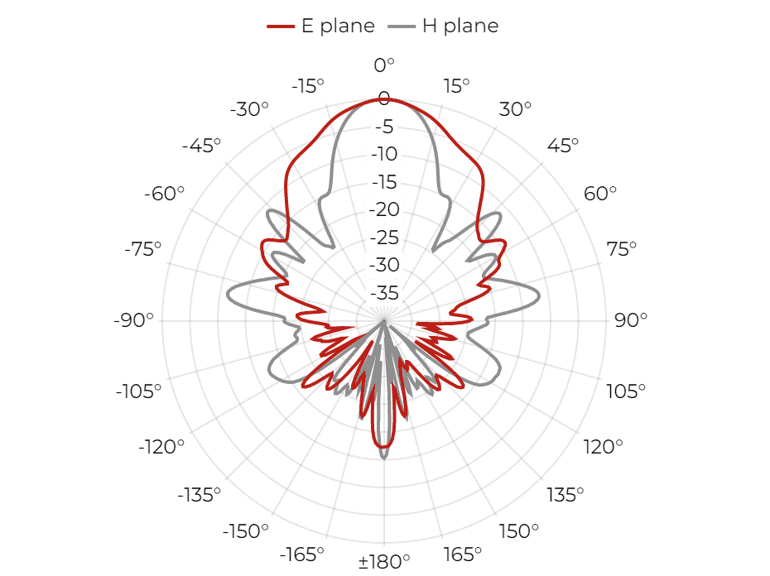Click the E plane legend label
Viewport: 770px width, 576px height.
[x=338, y=26]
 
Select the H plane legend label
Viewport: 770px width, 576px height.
[x=460, y=26]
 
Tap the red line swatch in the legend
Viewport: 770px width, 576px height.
[x=281, y=26]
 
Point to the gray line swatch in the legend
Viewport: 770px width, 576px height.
[x=402, y=26]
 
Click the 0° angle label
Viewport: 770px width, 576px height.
[x=384, y=65]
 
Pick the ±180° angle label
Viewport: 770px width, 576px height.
[x=384, y=561]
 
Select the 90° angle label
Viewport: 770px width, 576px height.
[x=631, y=320]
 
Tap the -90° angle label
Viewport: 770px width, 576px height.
[x=133, y=320]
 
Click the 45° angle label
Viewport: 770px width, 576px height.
[x=563, y=146]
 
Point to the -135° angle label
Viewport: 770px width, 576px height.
[x=199, y=495]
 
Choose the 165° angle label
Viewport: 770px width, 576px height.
[x=462, y=554]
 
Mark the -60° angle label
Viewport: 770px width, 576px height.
[x=164, y=194]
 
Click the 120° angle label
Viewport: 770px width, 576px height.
[x=603, y=447]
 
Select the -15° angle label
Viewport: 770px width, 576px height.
[x=308, y=86]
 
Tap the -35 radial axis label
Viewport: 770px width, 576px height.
[x=384, y=293]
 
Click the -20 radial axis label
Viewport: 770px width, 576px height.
[x=384, y=209]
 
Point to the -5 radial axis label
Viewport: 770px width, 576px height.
[x=384, y=127]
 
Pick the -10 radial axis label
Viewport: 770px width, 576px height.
[x=384, y=154]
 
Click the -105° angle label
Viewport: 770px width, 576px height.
[x=138, y=391]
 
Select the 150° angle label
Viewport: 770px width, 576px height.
[x=518, y=530]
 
